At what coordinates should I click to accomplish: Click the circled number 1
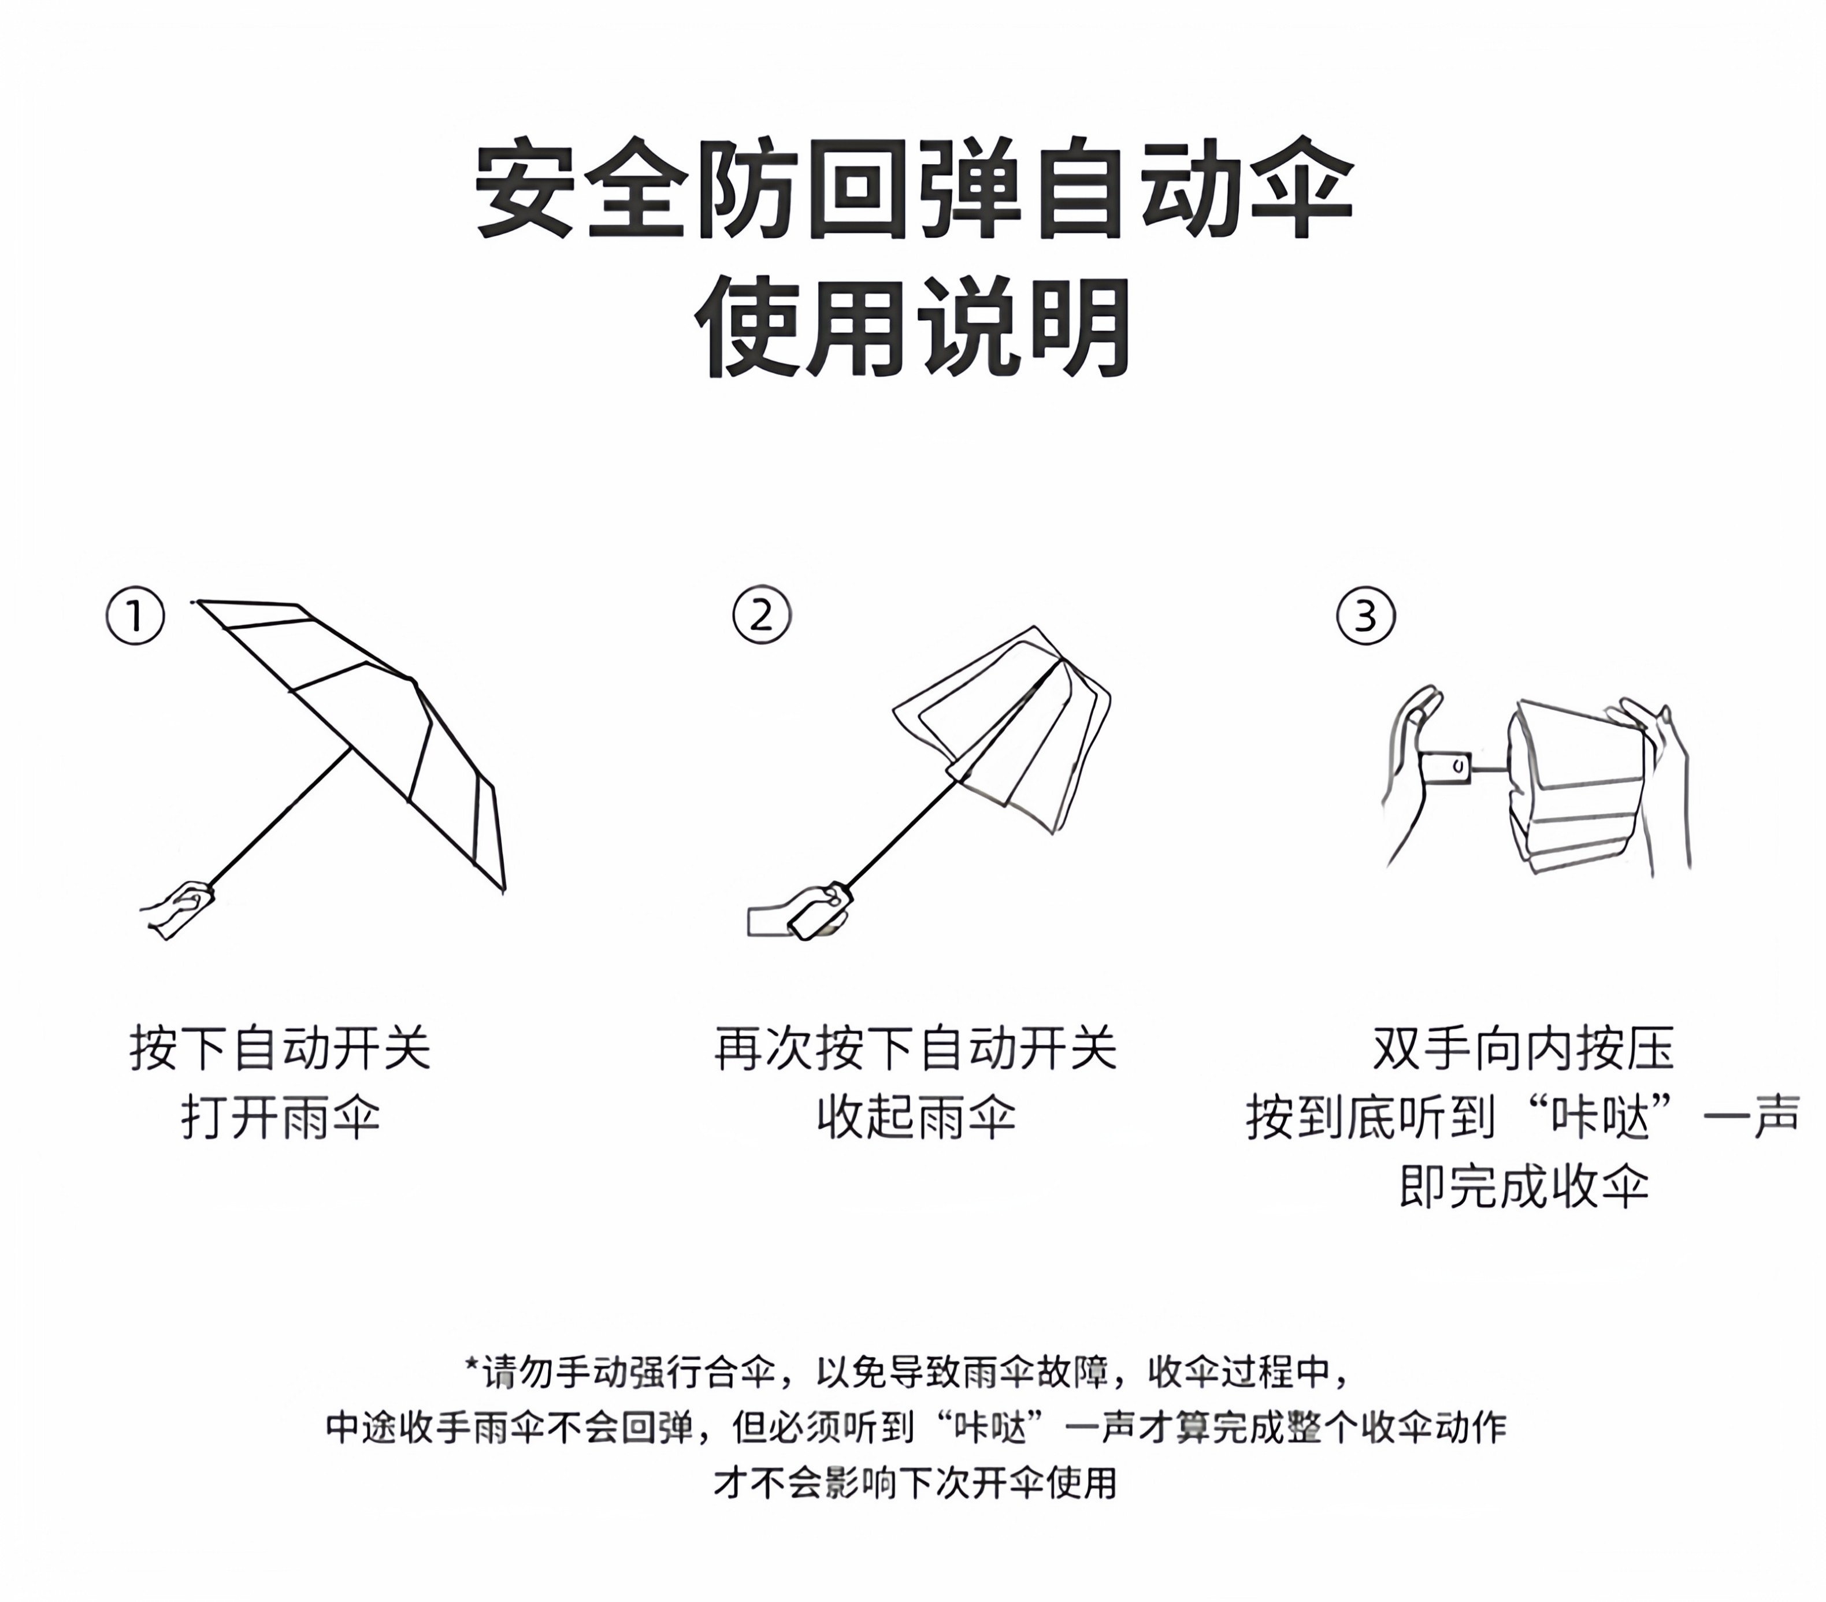pyautogui.click(x=136, y=615)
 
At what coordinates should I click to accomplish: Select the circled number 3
pyautogui.click(x=1366, y=615)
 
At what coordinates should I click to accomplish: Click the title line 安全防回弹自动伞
pyautogui.click(x=914, y=188)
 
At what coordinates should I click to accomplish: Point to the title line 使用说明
pyautogui.click(x=914, y=328)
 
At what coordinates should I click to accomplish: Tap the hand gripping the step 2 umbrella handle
pyautogui.click(x=800, y=911)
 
